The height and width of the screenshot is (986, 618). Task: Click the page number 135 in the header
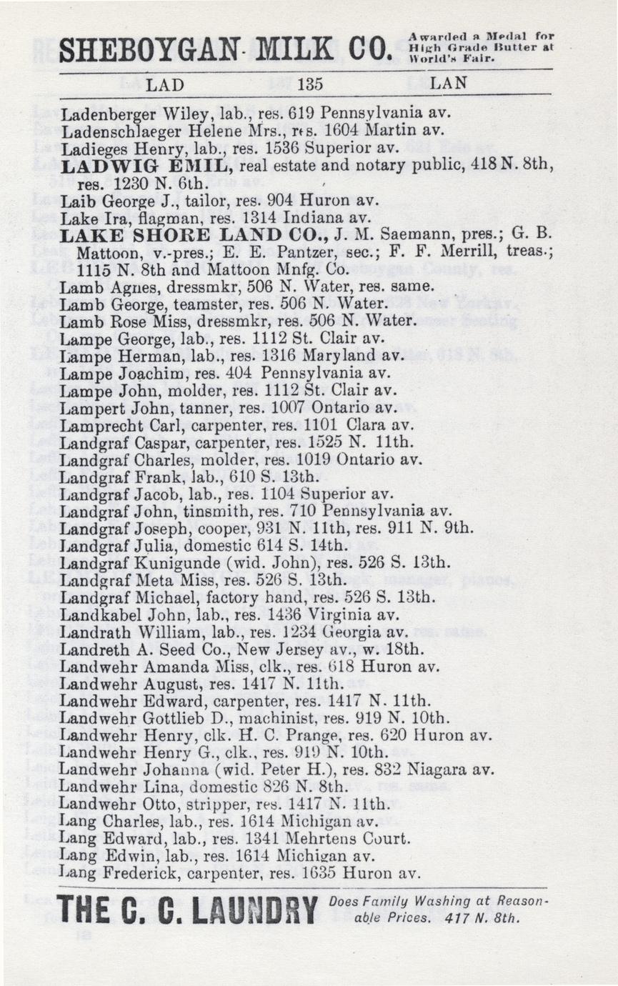[311, 84]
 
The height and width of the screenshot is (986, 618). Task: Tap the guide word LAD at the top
[165, 84]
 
